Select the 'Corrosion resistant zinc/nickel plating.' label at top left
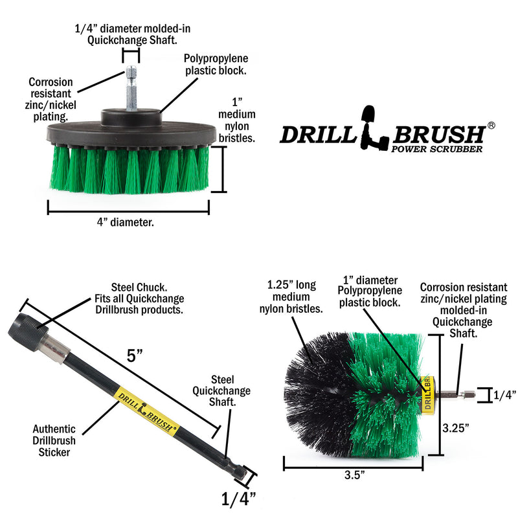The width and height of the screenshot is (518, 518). (x=51, y=99)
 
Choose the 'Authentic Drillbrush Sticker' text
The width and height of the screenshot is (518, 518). (x=54, y=440)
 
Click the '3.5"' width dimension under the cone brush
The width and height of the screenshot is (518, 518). (x=354, y=475)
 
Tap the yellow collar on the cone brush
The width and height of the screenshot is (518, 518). (x=427, y=393)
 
